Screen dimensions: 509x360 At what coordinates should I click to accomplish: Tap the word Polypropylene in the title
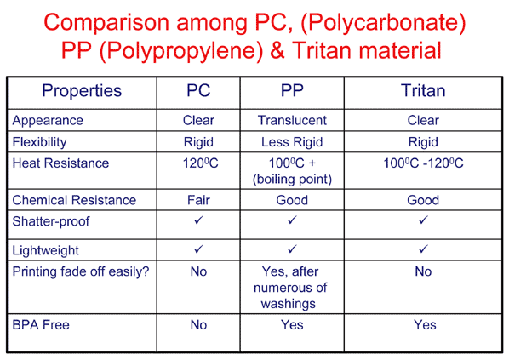pos(185,51)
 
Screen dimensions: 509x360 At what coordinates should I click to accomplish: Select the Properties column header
pos(82,91)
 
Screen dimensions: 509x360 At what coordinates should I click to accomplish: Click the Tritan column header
pos(423,90)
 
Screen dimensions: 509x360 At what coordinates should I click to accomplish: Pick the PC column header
pos(198,90)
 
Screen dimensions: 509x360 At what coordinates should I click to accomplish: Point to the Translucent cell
pos(292,121)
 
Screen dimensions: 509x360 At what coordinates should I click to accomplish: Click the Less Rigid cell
pos(292,142)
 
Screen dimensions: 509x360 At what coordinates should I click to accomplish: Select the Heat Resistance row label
pos(60,163)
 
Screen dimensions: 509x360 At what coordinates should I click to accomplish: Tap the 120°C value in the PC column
pos(200,163)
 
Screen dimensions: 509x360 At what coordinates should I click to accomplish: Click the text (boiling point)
pos(292,180)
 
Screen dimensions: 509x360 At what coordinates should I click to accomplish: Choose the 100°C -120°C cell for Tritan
pos(423,163)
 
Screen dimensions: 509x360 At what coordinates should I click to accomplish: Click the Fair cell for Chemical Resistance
pos(198,200)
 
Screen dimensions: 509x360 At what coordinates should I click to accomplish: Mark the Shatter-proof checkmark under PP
pos(292,220)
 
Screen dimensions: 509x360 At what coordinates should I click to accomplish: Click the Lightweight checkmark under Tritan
pos(423,249)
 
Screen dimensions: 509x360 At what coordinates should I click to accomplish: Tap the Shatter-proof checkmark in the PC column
pos(198,220)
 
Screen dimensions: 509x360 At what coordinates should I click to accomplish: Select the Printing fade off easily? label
pos(81,271)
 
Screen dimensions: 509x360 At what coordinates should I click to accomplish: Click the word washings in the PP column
pos(289,304)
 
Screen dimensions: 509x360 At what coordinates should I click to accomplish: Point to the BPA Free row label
pos(41,325)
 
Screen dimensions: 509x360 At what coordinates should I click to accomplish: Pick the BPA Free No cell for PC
pos(198,325)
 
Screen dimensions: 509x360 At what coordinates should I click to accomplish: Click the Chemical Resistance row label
pos(74,200)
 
